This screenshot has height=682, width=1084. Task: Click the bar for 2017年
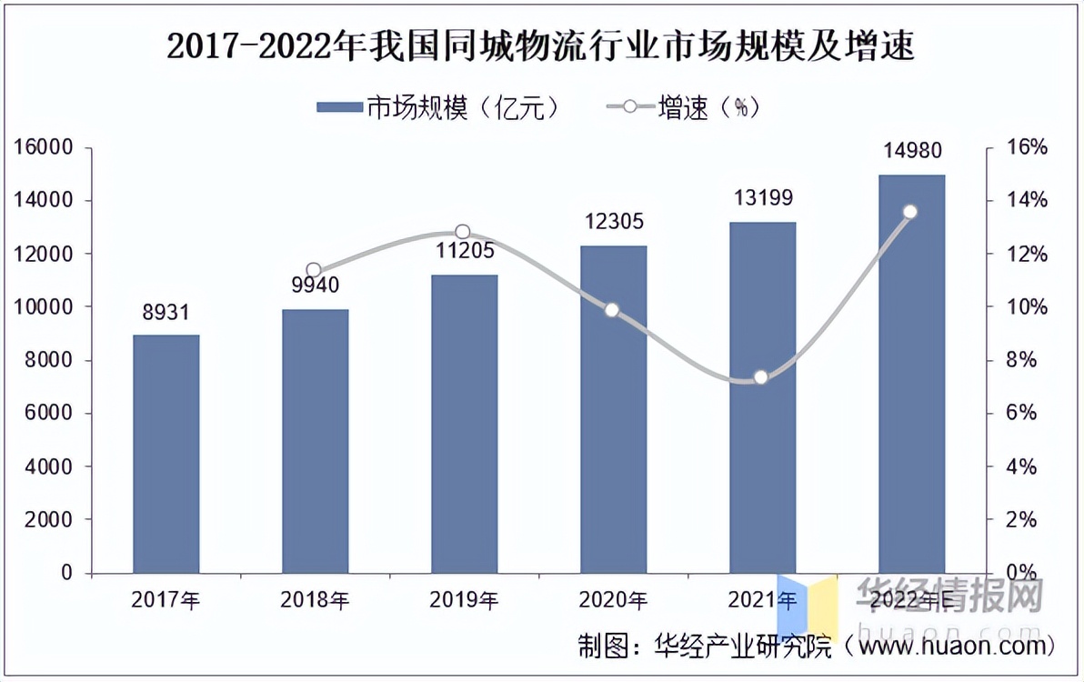pyautogui.click(x=166, y=454)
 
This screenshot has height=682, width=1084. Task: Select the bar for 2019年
pyautogui.click(x=464, y=424)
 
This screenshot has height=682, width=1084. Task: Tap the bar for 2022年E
pyautogui.click(x=911, y=374)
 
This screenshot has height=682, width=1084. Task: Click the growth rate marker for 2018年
pyautogui.click(x=314, y=270)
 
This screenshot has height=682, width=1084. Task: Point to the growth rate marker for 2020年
pyautogui.click(x=612, y=310)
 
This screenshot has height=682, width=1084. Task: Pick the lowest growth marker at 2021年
pyautogui.click(x=761, y=377)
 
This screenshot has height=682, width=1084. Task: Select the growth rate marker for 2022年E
pyautogui.click(x=910, y=212)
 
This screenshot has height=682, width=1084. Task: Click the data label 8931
pyautogui.click(x=166, y=314)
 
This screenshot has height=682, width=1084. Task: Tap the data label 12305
pyautogui.click(x=613, y=223)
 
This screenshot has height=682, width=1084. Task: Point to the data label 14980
pyautogui.click(x=911, y=151)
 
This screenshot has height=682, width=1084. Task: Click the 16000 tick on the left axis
pyautogui.click(x=41, y=147)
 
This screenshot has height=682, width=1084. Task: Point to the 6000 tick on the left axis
pyautogui.click(x=47, y=414)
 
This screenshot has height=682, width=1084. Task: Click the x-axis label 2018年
pyautogui.click(x=315, y=600)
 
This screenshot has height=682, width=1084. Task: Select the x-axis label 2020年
pyautogui.click(x=613, y=600)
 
